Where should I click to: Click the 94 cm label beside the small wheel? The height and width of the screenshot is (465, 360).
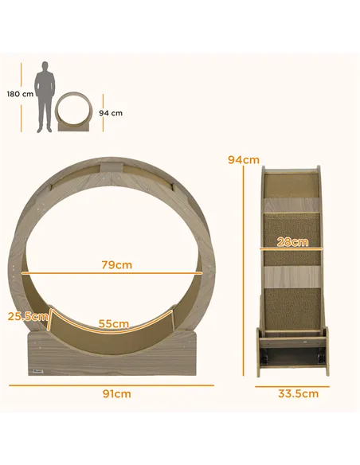[x=111, y=112]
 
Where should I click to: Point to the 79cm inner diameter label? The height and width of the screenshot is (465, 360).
[x=116, y=264]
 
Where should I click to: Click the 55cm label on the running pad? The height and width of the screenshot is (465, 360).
[x=114, y=323]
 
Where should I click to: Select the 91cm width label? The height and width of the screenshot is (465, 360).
[x=116, y=393]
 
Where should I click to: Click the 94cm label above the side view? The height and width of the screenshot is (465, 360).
[x=243, y=159]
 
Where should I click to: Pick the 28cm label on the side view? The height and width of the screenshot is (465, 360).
[x=292, y=242]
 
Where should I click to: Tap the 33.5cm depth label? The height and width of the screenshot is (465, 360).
[x=299, y=393]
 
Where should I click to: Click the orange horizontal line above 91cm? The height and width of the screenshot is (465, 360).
[x=112, y=385]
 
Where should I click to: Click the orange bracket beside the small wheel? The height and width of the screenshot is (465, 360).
[x=100, y=112]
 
